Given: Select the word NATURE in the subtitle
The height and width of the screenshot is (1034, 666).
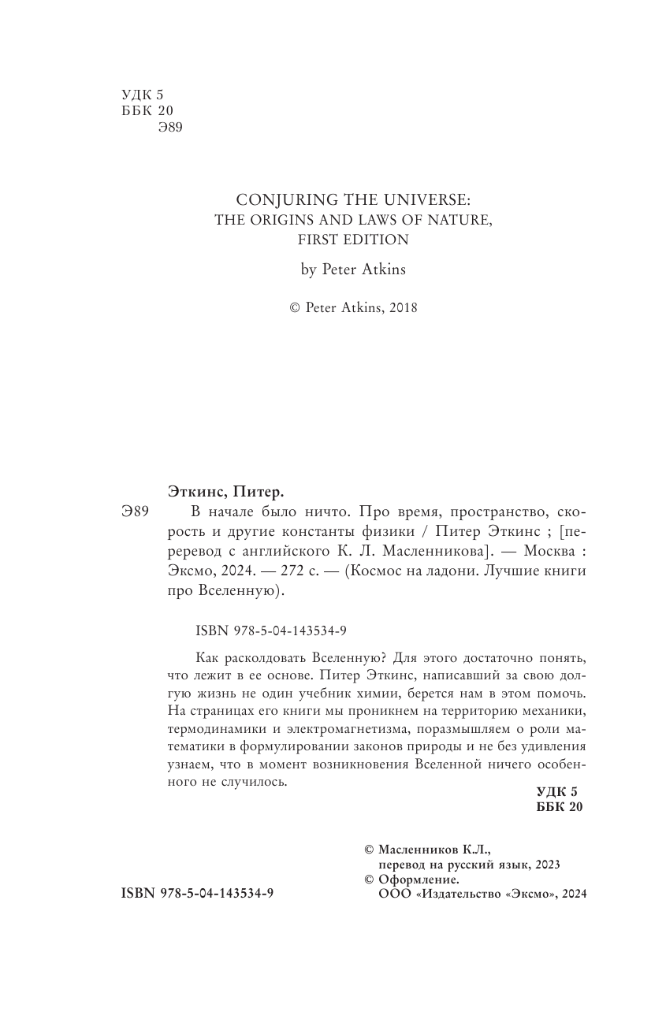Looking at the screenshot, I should tap(464, 221).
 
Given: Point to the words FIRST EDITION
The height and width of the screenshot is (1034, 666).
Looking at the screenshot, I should tap(354, 240).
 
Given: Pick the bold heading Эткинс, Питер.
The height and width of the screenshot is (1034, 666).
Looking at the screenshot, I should tap(225, 492).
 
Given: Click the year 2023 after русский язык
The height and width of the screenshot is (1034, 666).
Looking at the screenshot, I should tap(545, 864).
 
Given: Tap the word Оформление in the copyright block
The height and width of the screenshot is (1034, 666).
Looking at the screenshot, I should tap(419, 879).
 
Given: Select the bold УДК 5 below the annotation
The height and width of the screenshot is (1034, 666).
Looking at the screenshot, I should tap(556, 791).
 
